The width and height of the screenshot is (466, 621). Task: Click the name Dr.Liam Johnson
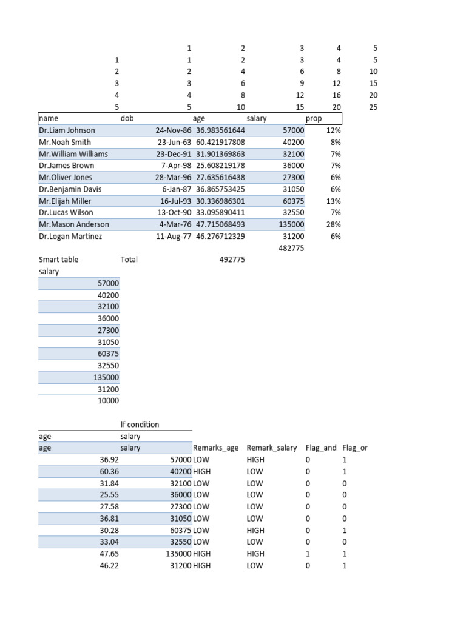pos(67,130)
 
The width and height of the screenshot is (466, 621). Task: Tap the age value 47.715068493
pos(220,224)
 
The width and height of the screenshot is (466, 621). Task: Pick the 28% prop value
pos(333,224)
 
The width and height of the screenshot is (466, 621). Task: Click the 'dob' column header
pos(127,119)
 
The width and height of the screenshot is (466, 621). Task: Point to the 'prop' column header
pos(314,119)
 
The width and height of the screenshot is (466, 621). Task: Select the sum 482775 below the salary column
pos(291,248)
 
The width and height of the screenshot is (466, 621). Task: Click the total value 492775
pos(232,260)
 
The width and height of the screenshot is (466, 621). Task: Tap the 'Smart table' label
pos(59,260)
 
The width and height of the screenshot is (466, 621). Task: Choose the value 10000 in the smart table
pos(109,401)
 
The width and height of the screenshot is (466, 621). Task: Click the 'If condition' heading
pos(140,425)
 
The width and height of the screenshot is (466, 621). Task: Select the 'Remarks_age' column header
pos(217,448)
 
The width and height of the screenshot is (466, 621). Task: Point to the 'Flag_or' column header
pos(355,448)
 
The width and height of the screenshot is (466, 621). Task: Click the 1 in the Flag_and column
pos(308,554)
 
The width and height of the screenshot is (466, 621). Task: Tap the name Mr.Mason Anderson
pos(74,224)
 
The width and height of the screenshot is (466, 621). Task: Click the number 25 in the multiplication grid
pos(373,107)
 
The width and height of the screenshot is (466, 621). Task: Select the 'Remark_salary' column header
pos(271,448)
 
